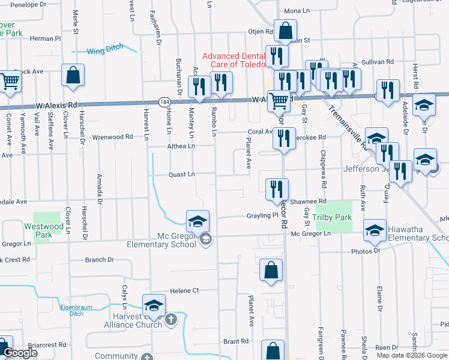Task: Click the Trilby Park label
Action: [x=334, y=217]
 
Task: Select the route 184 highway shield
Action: [x=164, y=102]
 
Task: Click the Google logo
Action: [x=20, y=353]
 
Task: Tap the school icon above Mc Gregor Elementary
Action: [x=197, y=221]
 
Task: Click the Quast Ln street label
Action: [x=182, y=175]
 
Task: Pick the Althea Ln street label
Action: [x=181, y=146]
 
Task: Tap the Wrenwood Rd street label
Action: [x=112, y=137]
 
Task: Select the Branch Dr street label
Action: [x=99, y=260]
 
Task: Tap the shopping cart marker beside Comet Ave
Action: [x=10, y=82]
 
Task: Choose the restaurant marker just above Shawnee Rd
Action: [x=277, y=189]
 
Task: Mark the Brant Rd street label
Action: [x=235, y=341]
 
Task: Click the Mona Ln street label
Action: [x=297, y=28]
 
